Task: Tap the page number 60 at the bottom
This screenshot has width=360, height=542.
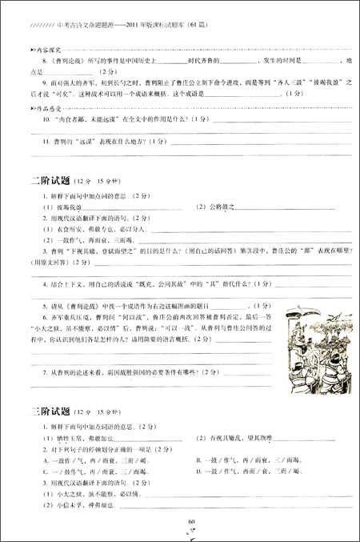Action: pyautogui.click(x=191, y=521)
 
